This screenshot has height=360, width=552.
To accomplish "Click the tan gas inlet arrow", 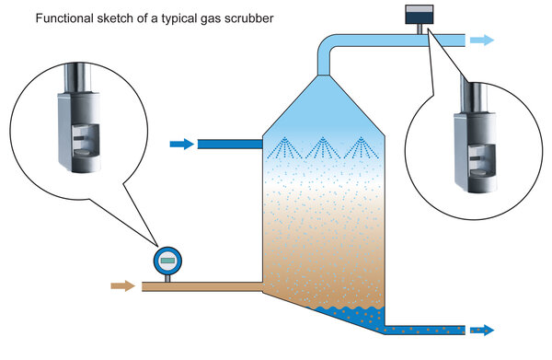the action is [x=123, y=285].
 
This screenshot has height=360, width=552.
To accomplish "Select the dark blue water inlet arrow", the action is [x=181, y=144].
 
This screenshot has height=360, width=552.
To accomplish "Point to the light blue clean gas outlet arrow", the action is [x=482, y=40].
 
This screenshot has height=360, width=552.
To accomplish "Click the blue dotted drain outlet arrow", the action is [x=482, y=330].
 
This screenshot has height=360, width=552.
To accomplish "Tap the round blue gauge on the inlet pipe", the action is [x=167, y=261].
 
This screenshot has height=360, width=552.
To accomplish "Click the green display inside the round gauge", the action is [x=167, y=261].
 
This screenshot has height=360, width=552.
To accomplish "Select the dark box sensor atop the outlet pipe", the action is [x=419, y=15].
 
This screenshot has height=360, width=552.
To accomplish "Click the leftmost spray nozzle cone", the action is [x=284, y=147].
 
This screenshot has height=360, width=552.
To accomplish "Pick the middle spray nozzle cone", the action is [x=323, y=147].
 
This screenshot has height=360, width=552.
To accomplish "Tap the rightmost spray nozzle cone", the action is [x=361, y=147].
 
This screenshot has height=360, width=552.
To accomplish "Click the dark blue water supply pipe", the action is [x=230, y=144].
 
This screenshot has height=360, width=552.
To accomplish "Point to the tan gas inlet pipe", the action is [x=202, y=286].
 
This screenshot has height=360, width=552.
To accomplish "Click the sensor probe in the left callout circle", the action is [x=79, y=118].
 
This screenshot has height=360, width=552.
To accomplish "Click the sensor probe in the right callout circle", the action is [x=476, y=135].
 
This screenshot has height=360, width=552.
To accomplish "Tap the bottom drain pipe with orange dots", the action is [x=425, y=330].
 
